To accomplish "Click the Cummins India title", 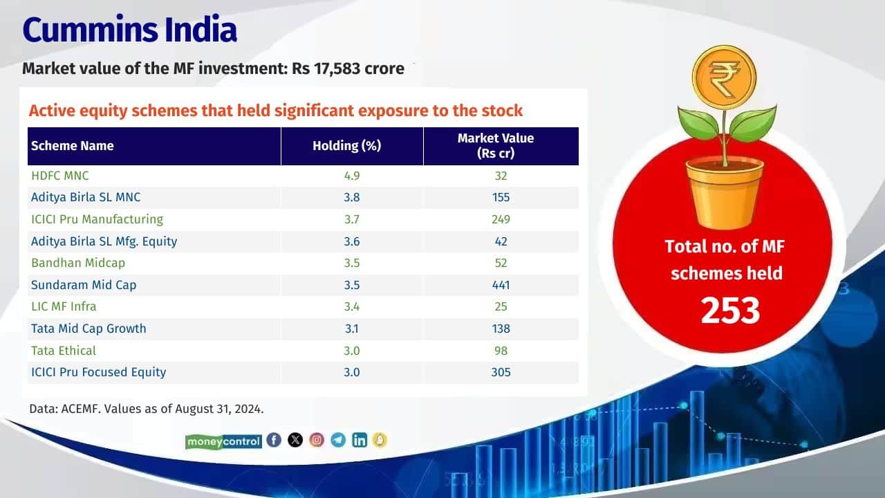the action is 130,29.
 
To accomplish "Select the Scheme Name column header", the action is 73,146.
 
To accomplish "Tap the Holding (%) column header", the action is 347,146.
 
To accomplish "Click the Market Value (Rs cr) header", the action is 496,145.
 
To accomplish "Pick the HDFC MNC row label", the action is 60,176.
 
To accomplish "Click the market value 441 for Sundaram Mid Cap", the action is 501,285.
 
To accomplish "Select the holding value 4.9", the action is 352,176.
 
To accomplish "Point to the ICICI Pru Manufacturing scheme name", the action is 97,219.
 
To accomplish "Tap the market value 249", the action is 501,219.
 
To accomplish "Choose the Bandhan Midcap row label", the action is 78,263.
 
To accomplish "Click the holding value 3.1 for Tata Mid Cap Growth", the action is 352,329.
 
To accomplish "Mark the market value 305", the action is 501,372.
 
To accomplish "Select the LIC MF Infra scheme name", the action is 64,306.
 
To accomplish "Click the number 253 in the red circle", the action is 730,311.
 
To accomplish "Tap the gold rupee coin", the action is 724,77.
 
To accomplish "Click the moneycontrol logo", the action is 223,441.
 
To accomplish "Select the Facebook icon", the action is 274,440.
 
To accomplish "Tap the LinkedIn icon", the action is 359,440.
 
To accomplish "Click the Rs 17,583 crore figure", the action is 348,68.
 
